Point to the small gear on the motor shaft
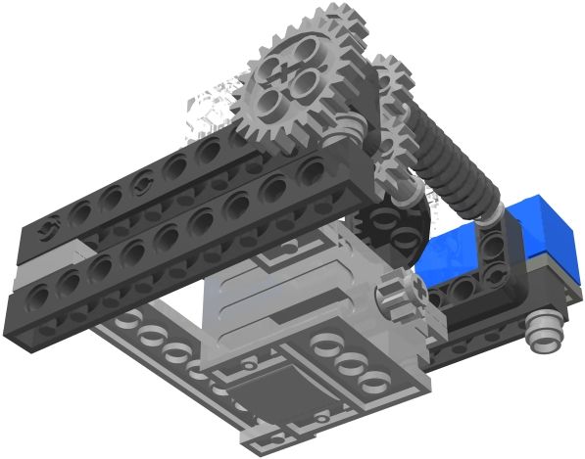tap(402, 294)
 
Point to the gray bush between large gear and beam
tap(350, 126)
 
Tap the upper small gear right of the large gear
tap(392, 78)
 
